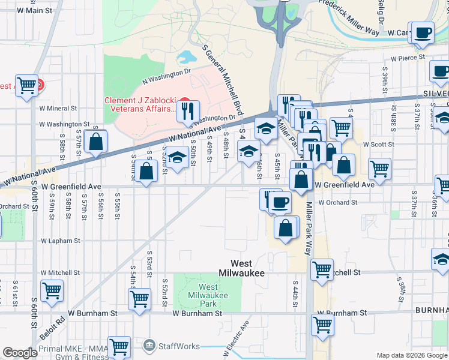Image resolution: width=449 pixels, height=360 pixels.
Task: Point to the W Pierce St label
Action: pos(408,58)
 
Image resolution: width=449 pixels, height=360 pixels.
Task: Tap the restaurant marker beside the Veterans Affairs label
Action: pos(189,111)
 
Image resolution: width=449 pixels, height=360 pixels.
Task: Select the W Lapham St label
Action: pos(61,241)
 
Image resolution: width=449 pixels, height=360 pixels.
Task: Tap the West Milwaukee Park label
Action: pos(200,296)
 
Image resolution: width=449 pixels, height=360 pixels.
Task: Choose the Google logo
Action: pos(20,353)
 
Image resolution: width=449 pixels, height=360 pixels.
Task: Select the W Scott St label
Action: pos(378,145)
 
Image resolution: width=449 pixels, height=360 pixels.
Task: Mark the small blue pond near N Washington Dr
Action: pos(187,57)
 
